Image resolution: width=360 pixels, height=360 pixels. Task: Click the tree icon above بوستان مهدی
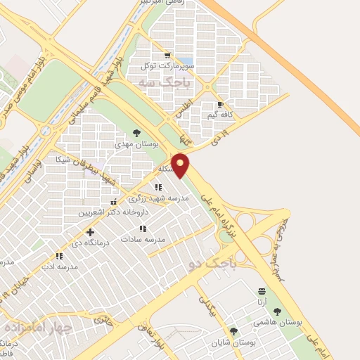click(136, 132)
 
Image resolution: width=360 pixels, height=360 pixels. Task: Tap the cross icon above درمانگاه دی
click(90, 232)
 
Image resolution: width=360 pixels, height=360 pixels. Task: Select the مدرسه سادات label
click(143, 238)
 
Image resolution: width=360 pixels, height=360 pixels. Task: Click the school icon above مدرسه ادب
click(58, 257)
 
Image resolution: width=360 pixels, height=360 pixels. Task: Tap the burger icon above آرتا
click(262, 291)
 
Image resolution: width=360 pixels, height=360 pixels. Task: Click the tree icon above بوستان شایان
click(233, 331)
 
